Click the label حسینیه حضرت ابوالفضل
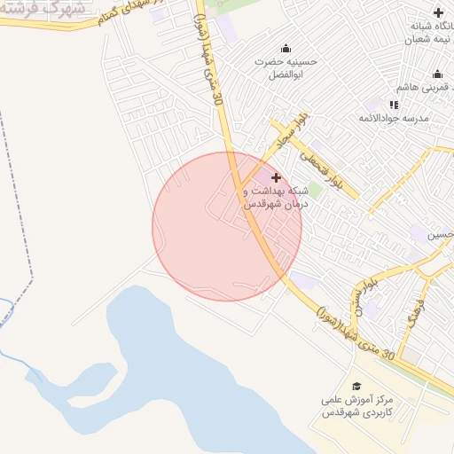click(x=285, y=68)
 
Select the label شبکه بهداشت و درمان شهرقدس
click(x=276, y=197)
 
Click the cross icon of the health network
click(x=275, y=177)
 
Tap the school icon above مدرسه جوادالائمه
click(x=394, y=105)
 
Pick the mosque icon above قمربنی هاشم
click(x=437, y=74)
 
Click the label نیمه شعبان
click(x=422, y=40)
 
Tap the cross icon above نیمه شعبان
click(x=438, y=12)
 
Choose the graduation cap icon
click(x=356, y=387)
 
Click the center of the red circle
click(x=227, y=226)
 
